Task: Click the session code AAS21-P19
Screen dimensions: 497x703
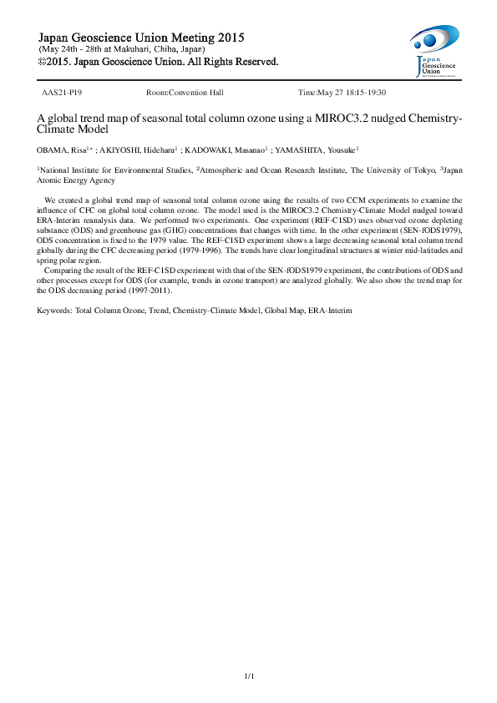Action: tap(61, 92)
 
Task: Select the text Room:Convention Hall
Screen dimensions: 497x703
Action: tap(185, 92)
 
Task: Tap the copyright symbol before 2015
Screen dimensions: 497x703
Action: tap(43, 61)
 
